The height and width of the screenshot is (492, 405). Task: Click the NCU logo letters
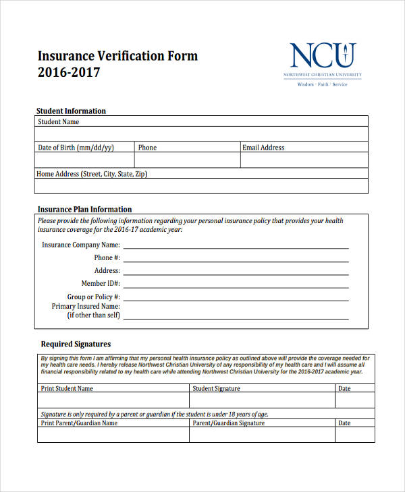click(323, 55)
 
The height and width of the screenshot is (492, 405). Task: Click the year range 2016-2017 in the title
click(69, 72)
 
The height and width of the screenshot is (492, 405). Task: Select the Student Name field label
click(58, 122)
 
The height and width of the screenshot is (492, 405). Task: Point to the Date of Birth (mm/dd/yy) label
click(76, 148)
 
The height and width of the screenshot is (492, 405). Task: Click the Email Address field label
click(263, 148)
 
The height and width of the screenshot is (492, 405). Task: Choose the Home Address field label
click(92, 174)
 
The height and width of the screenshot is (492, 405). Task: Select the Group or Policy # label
click(93, 297)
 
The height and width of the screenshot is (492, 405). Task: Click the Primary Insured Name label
click(86, 307)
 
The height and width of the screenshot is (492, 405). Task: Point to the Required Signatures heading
click(76, 344)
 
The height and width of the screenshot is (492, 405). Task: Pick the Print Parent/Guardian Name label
click(79, 423)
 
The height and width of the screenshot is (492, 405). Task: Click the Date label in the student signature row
click(344, 389)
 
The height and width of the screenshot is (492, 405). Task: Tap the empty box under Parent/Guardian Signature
click(262, 435)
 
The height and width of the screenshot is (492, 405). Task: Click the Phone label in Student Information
click(147, 148)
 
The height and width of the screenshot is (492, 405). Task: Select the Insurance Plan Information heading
click(84, 210)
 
